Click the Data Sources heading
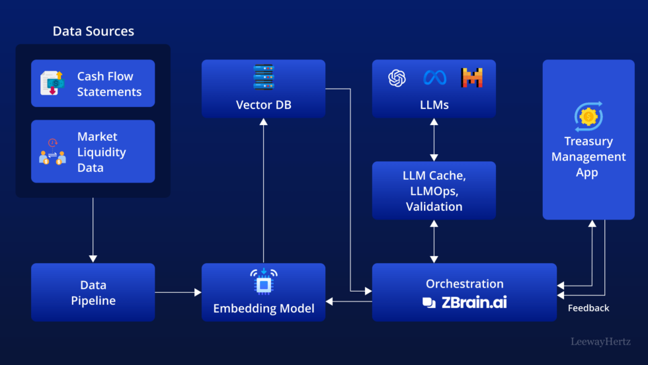pyautogui.click(x=93, y=31)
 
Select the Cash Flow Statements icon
pyautogui.click(x=52, y=83)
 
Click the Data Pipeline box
pyautogui.click(x=93, y=292)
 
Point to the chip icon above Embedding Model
pyautogui.click(x=263, y=281)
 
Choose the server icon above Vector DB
pyautogui.click(x=263, y=77)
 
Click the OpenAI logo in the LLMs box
pyautogui.click(x=397, y=78)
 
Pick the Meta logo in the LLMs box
pyautogui.click(x=434, y=78)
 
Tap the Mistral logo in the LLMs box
pyautogui.click(x=472, y=78)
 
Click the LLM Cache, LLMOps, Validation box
pyautogui.click(x=434, y=190)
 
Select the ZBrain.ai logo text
pyautogui.click(x=465, y=303)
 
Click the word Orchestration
pyautogui.click(x=465, y=284)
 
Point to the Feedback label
pyautogui.click(x=588, y=308)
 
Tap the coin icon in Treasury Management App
pyautogui.click(x=588, y=116)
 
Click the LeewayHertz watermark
pyautogui.click(x=601, y=343)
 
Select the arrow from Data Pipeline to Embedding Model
pyautogui.click(x=178, y=292)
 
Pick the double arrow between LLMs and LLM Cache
pyautogui.click(x=434, y=140)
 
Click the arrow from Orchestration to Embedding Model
pyautogui.click(x=348, y=302)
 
